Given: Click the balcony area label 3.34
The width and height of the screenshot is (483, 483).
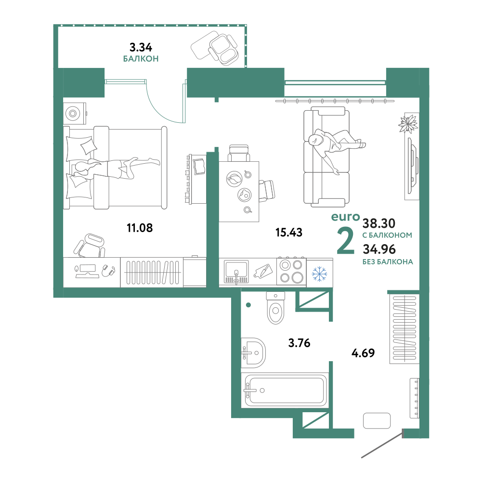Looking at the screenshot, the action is tap(141, 48).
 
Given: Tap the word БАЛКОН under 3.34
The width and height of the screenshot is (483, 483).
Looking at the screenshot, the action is tap(141, 59).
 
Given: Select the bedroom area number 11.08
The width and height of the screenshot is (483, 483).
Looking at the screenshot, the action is tap(140, 228).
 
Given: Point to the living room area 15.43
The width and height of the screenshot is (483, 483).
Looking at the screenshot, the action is tap(289, 232).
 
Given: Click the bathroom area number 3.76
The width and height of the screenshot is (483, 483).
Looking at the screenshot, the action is tap(299, 343).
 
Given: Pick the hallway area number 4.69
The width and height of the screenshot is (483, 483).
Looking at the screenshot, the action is tap(363, 353).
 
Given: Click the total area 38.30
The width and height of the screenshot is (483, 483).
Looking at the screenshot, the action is tap(379, 223).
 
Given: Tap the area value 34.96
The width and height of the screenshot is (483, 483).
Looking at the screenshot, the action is tap(379, 249).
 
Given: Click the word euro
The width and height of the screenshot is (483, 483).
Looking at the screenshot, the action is tap(345, 217).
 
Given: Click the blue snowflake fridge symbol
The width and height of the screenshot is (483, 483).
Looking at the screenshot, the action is tap(319, 274).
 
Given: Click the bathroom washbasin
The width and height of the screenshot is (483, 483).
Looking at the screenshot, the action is tap(253, 352).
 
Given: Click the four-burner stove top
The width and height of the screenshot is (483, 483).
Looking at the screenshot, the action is tap(291, 272).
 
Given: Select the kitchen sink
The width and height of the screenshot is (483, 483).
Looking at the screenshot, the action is tap(236, 272).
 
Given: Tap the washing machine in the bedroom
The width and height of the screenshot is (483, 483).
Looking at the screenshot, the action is tap(74, 113).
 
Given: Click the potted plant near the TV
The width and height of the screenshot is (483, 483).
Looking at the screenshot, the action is tap(408, 124).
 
